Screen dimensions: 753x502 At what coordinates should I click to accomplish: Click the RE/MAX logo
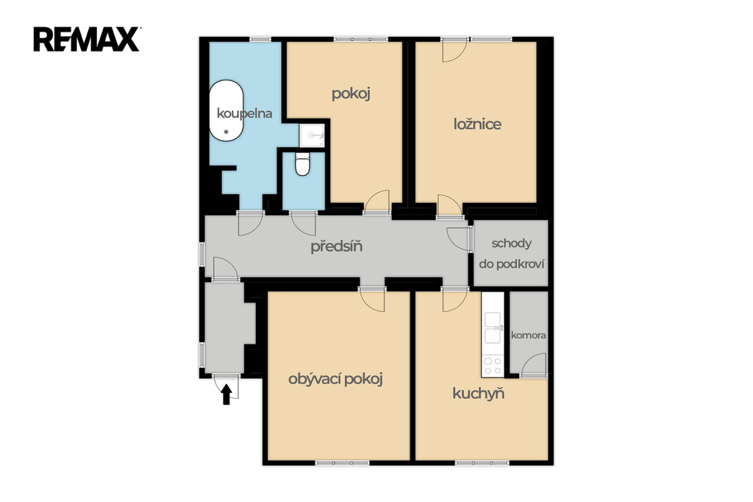click(x=87, y=40)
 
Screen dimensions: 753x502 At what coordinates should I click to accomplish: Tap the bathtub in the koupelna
click(x=226, y=110)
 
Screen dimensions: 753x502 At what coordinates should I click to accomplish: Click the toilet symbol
click(x=302, y=164)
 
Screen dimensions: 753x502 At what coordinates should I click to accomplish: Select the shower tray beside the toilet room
click(x=312, y=135)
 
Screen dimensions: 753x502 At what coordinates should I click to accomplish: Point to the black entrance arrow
click(x=226, y=395)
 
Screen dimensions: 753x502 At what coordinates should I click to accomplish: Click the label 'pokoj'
click(x=351, y=93)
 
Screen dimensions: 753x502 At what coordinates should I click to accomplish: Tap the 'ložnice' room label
click(x=477, y=124)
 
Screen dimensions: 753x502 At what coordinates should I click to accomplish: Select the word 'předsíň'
click(x=336, y=246)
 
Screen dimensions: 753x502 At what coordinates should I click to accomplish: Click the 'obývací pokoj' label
click(x=335, y=379)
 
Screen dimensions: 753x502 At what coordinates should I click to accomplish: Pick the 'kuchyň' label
click(x=478, y=394)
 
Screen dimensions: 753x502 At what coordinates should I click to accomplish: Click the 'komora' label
click(x=528, y=335)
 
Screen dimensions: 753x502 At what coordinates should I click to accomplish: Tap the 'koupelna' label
click(x=244, y=113)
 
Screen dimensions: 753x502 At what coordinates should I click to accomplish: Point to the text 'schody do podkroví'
click(x=512, y=253)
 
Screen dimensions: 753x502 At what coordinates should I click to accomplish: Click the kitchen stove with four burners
click(x=492, y=365)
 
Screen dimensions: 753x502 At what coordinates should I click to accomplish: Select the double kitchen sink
click(x=493, y=328)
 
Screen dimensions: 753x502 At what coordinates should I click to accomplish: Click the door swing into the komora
click(x=532, y=364)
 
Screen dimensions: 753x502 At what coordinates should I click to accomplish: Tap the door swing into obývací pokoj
click(x=373, y=300)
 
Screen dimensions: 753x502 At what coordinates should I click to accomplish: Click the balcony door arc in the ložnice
click(x=454, y=51)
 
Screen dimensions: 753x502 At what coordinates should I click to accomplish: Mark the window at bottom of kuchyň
click(x=482, y=463)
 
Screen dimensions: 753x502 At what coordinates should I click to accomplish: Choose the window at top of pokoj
click(x=360, y=39)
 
